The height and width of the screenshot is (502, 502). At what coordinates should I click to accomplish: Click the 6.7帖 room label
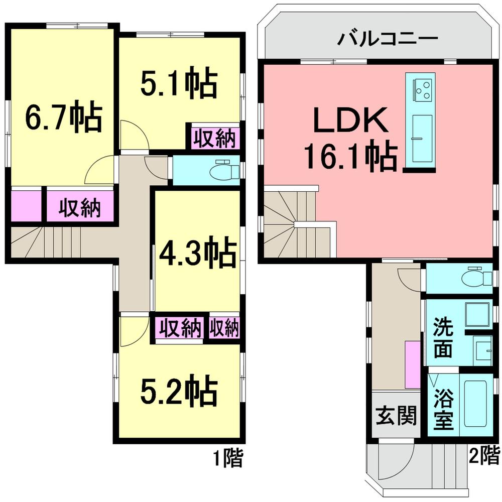[64, 118]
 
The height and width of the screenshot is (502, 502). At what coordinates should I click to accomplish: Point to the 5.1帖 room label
[178, 84]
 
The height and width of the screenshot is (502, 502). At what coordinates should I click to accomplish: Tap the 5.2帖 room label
[178, 393]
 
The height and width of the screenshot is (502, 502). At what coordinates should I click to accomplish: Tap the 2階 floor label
[484, 456]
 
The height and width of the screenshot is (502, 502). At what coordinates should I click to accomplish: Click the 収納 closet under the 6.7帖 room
[80, 207]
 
